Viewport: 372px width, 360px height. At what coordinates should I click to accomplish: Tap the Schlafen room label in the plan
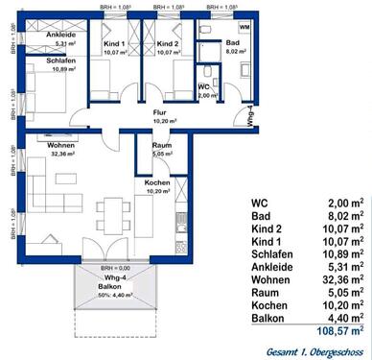tap(41, 60)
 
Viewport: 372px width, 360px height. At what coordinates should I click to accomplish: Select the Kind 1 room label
tap(115, 45)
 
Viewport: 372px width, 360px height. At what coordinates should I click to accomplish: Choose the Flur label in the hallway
tap(161, 113)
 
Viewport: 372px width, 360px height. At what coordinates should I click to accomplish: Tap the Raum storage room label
tap(161, 145)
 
